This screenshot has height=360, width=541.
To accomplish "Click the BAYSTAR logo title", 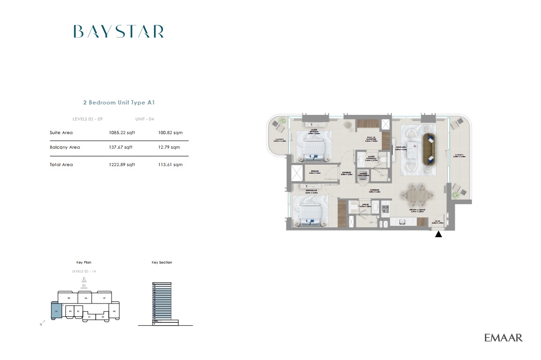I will (119, 32).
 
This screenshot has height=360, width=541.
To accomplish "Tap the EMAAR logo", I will (503, 337).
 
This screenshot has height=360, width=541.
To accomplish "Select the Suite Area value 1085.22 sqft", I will (121, 133).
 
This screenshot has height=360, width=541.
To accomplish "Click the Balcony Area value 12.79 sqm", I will (169, 147).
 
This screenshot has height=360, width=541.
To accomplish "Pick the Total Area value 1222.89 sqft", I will (121, 165).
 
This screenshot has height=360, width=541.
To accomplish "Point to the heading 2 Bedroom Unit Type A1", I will (119, 102).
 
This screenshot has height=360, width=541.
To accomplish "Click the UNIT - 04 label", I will (144, 119).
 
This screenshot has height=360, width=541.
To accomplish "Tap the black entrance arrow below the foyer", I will (438, 234).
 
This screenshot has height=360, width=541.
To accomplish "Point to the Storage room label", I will (314, 172).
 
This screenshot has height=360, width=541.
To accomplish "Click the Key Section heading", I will (161, 262).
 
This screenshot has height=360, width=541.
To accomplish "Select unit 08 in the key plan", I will (114, 311).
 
